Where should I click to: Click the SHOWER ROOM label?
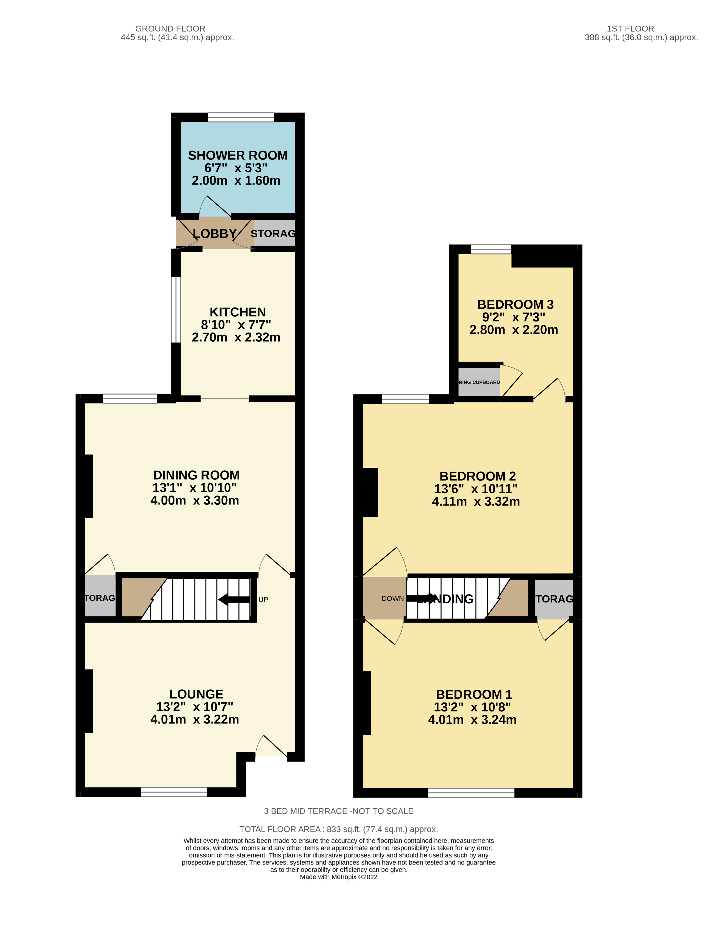(238, 155)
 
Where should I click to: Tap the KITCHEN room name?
(238, 312)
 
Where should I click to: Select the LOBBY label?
(214, 233)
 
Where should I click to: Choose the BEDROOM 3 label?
(515, 304)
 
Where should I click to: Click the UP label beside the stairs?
(263, 599)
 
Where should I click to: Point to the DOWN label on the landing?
(392, 599)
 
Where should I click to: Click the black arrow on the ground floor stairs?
(234, 599)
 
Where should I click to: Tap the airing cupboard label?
(479, 382)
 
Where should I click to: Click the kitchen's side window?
(175, 309)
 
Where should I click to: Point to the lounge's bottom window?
(174, 792)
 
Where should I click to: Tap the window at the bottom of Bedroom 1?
(471, 792)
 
